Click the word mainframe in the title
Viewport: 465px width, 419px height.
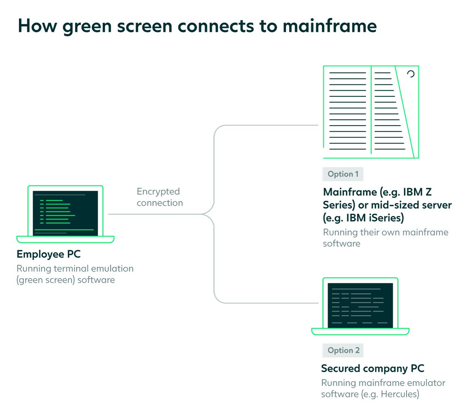coord(330,26)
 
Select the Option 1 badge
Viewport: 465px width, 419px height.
coord(343,174)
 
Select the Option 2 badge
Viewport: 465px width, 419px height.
coord(343,350)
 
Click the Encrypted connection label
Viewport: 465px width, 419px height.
coord(160,197)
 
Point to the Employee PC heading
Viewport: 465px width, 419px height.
coord(49,254)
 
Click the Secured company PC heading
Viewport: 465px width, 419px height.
coord(372,368)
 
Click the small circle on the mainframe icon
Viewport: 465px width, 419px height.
coord(411,74)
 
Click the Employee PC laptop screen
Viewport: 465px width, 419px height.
coord(65,213)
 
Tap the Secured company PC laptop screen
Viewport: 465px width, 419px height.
coord(360,305)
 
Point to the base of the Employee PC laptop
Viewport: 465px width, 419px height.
coord(65,239)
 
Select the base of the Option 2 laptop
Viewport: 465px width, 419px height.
coord(360,332)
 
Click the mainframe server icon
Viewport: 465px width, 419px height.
coord(371,112)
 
